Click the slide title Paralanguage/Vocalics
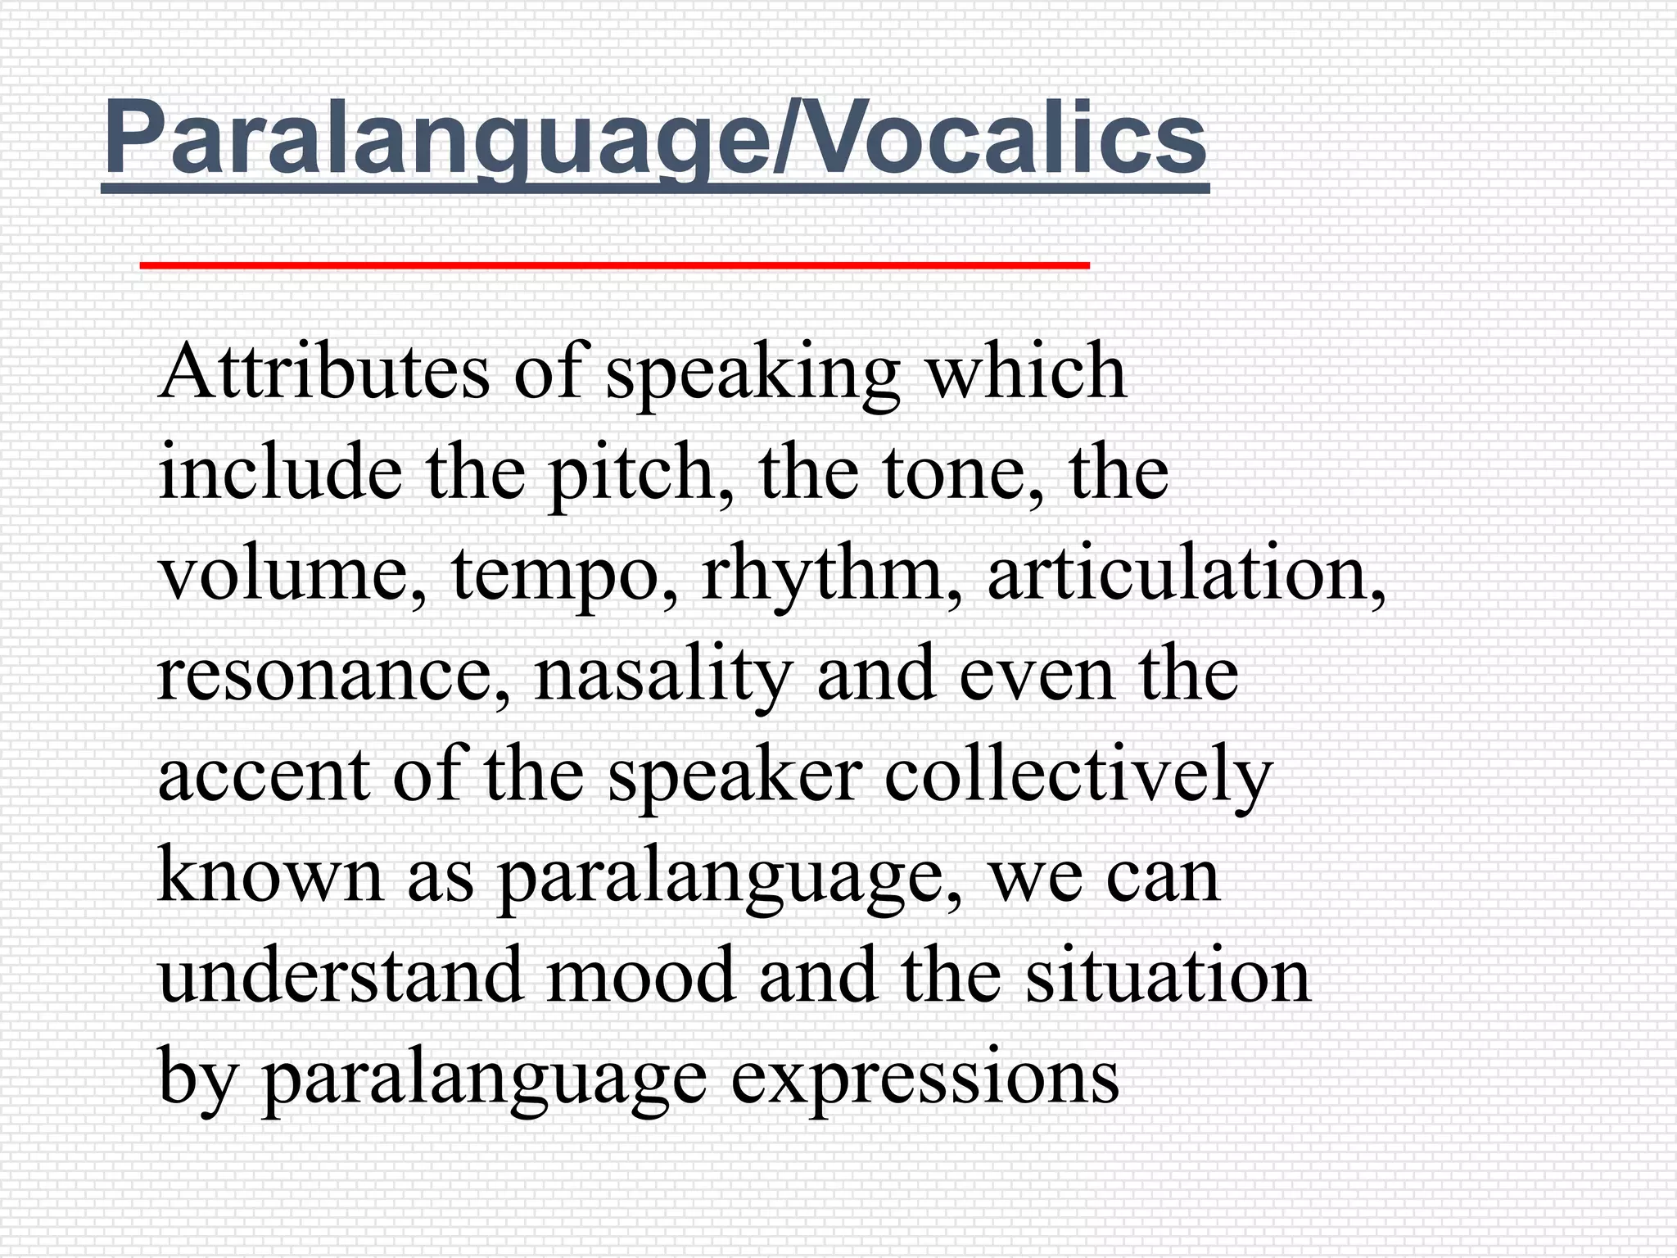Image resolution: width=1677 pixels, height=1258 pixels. point(655,138)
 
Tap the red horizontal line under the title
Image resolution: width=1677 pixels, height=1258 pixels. point(614,265)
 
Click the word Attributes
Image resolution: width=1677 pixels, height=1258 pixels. point(324,373)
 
